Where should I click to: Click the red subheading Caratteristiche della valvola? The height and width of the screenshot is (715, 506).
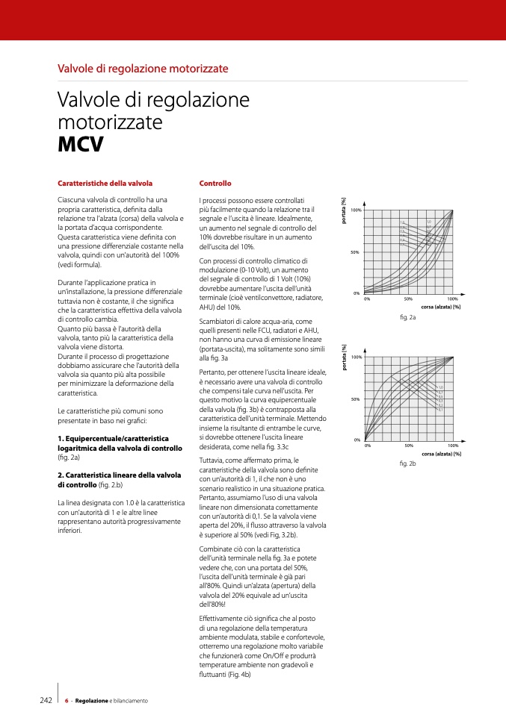click(x=105, y=183)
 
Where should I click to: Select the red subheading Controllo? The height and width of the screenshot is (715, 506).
click(x=215, y=183)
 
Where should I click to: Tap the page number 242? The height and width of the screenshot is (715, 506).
click(x=46, y=701)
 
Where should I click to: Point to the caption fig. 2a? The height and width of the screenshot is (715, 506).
click(x=407, y=317)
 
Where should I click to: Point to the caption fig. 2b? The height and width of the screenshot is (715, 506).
click(x=407, y=464)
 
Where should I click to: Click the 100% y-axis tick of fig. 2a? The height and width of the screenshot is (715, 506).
click(x=356, y=210)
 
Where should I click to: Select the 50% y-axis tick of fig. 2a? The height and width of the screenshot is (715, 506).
click(x=356, y=252)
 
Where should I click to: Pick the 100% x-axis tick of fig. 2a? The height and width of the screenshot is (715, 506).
click(x=452, y=299)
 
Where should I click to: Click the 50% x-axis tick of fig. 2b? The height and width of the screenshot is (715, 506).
click(x=409, y=446)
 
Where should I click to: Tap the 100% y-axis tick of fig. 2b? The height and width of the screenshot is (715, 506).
click(x=357, y=357)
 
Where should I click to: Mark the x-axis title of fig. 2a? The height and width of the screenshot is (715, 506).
click(x=440, y=307)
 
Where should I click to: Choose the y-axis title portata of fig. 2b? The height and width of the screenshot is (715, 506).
click(x=344, y=357)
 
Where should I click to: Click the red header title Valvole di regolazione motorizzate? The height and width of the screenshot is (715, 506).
click(x=143, y=69)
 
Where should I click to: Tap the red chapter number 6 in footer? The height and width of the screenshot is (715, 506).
click(x=67, y=701)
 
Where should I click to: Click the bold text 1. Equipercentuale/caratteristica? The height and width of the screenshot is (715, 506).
click(x=114, y=437)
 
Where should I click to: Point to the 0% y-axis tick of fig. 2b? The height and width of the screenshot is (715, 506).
click(x=357, y=440)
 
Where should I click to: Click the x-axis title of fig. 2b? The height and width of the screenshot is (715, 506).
click(x=441, y=454)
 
